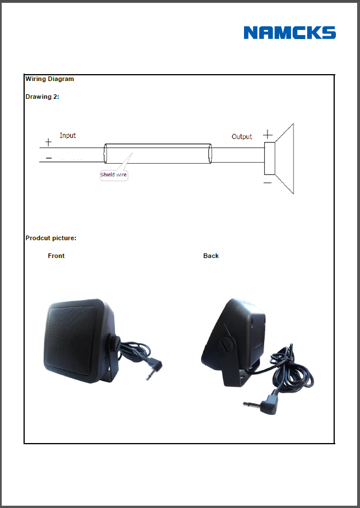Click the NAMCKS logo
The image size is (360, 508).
(290, 33)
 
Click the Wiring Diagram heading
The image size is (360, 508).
(50, 79)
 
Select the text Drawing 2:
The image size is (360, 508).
(42, 97)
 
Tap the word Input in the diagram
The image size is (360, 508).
(68, 136)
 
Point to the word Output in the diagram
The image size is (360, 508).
(242, 136)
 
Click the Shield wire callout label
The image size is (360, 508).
(113, 175)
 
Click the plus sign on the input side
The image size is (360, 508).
(48, 142)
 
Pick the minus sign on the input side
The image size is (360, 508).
(49, 158)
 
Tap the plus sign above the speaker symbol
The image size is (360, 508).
(268, 134)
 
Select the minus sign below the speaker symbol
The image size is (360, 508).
(268, 183)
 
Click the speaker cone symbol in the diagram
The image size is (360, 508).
(279, 159)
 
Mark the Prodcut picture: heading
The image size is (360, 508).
(51, 238)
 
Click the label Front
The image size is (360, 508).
(56, 256)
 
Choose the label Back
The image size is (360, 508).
(211, 256)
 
